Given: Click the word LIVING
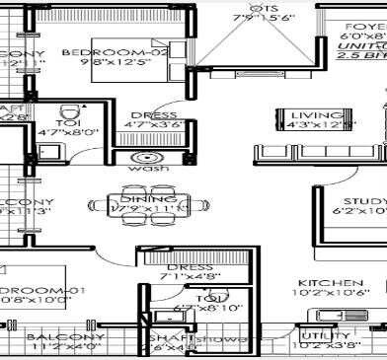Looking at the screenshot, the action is (302, 113).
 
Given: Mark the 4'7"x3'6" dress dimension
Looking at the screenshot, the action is (154, 126).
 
